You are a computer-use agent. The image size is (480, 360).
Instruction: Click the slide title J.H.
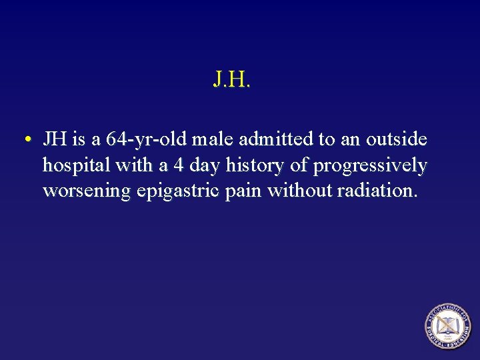tap(231, 81)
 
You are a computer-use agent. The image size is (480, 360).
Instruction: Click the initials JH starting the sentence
tap(54, 140)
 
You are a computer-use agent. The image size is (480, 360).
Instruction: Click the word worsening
tap(87, 192)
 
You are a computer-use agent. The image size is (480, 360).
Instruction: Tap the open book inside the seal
tap(447, 326)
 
